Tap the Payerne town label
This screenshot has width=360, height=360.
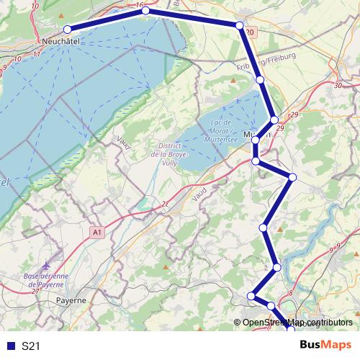click(x=71, y=300)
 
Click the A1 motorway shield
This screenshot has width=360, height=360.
click(x=97, y=231)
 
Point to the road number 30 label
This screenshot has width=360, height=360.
click(x=337, y=86)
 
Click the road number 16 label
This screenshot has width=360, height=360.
click(x=138, y=4)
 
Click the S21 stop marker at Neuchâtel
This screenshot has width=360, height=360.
click(x=68, y=30)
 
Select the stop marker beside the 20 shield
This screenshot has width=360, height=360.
click(x=239, y=25)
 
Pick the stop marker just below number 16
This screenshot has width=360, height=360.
click(x=145, y=11)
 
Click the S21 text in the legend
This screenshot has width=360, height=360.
click(x=30, y=346)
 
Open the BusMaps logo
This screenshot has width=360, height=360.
click(x=324, y=345)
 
